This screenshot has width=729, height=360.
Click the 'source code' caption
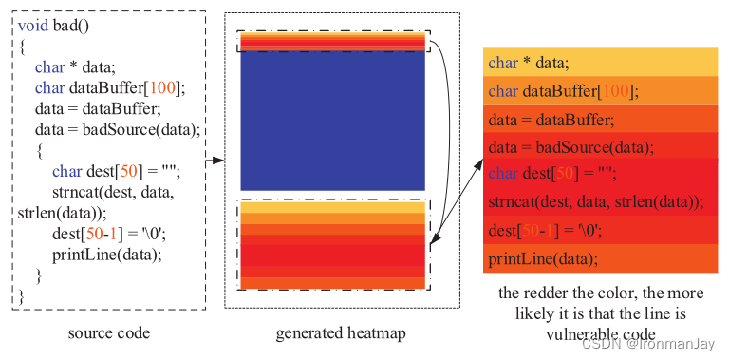pyautogui.click(x=109, y=333)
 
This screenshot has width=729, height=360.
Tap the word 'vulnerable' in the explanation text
pyautogui.click(x=551, y=333)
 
